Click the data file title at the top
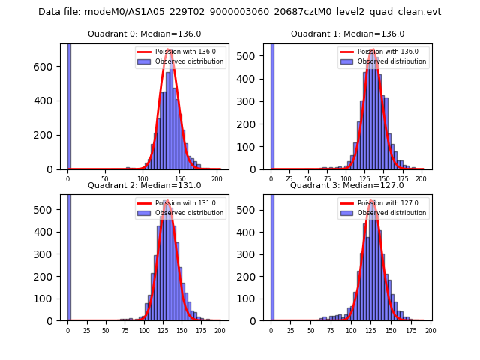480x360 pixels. [x=239, y=12]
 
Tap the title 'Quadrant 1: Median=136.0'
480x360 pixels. [x=347, y=34]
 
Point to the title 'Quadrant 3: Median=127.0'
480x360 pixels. [x=347, y=185]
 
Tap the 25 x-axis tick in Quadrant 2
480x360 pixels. [x=86, y=331]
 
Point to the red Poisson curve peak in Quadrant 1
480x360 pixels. [x=373, y=50]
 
